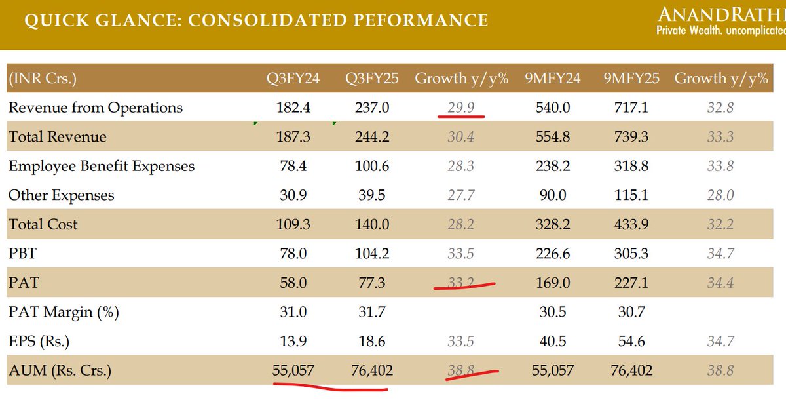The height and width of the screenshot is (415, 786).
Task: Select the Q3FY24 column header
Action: click(293, 79)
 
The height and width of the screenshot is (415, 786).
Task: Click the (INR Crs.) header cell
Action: click(43, 79)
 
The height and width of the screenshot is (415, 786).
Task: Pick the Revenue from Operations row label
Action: click(96, 108)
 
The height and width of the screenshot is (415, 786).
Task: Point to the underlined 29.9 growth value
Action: click(460, 108)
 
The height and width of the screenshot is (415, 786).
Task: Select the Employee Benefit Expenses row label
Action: click(102, 166)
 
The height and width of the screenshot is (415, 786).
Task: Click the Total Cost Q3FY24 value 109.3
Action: click(293, 224)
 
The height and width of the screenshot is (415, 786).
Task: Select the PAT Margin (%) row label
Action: click(64, 312)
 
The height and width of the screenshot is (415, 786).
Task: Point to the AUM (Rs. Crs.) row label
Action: click(60, 370)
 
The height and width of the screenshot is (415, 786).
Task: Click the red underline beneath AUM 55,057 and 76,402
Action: click(331, 385)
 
